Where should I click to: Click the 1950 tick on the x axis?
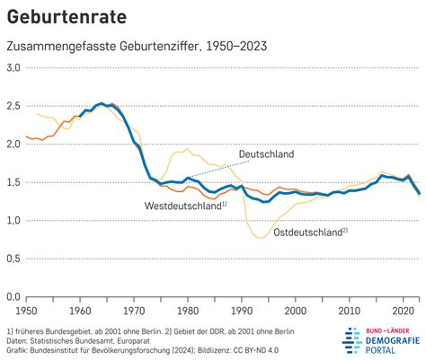pyautogui.click(x=27, y=310)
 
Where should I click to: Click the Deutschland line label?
pyautogui.click(x=266, y=154)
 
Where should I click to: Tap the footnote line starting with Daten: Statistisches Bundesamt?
pyautogui.click(x=81, y=342)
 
